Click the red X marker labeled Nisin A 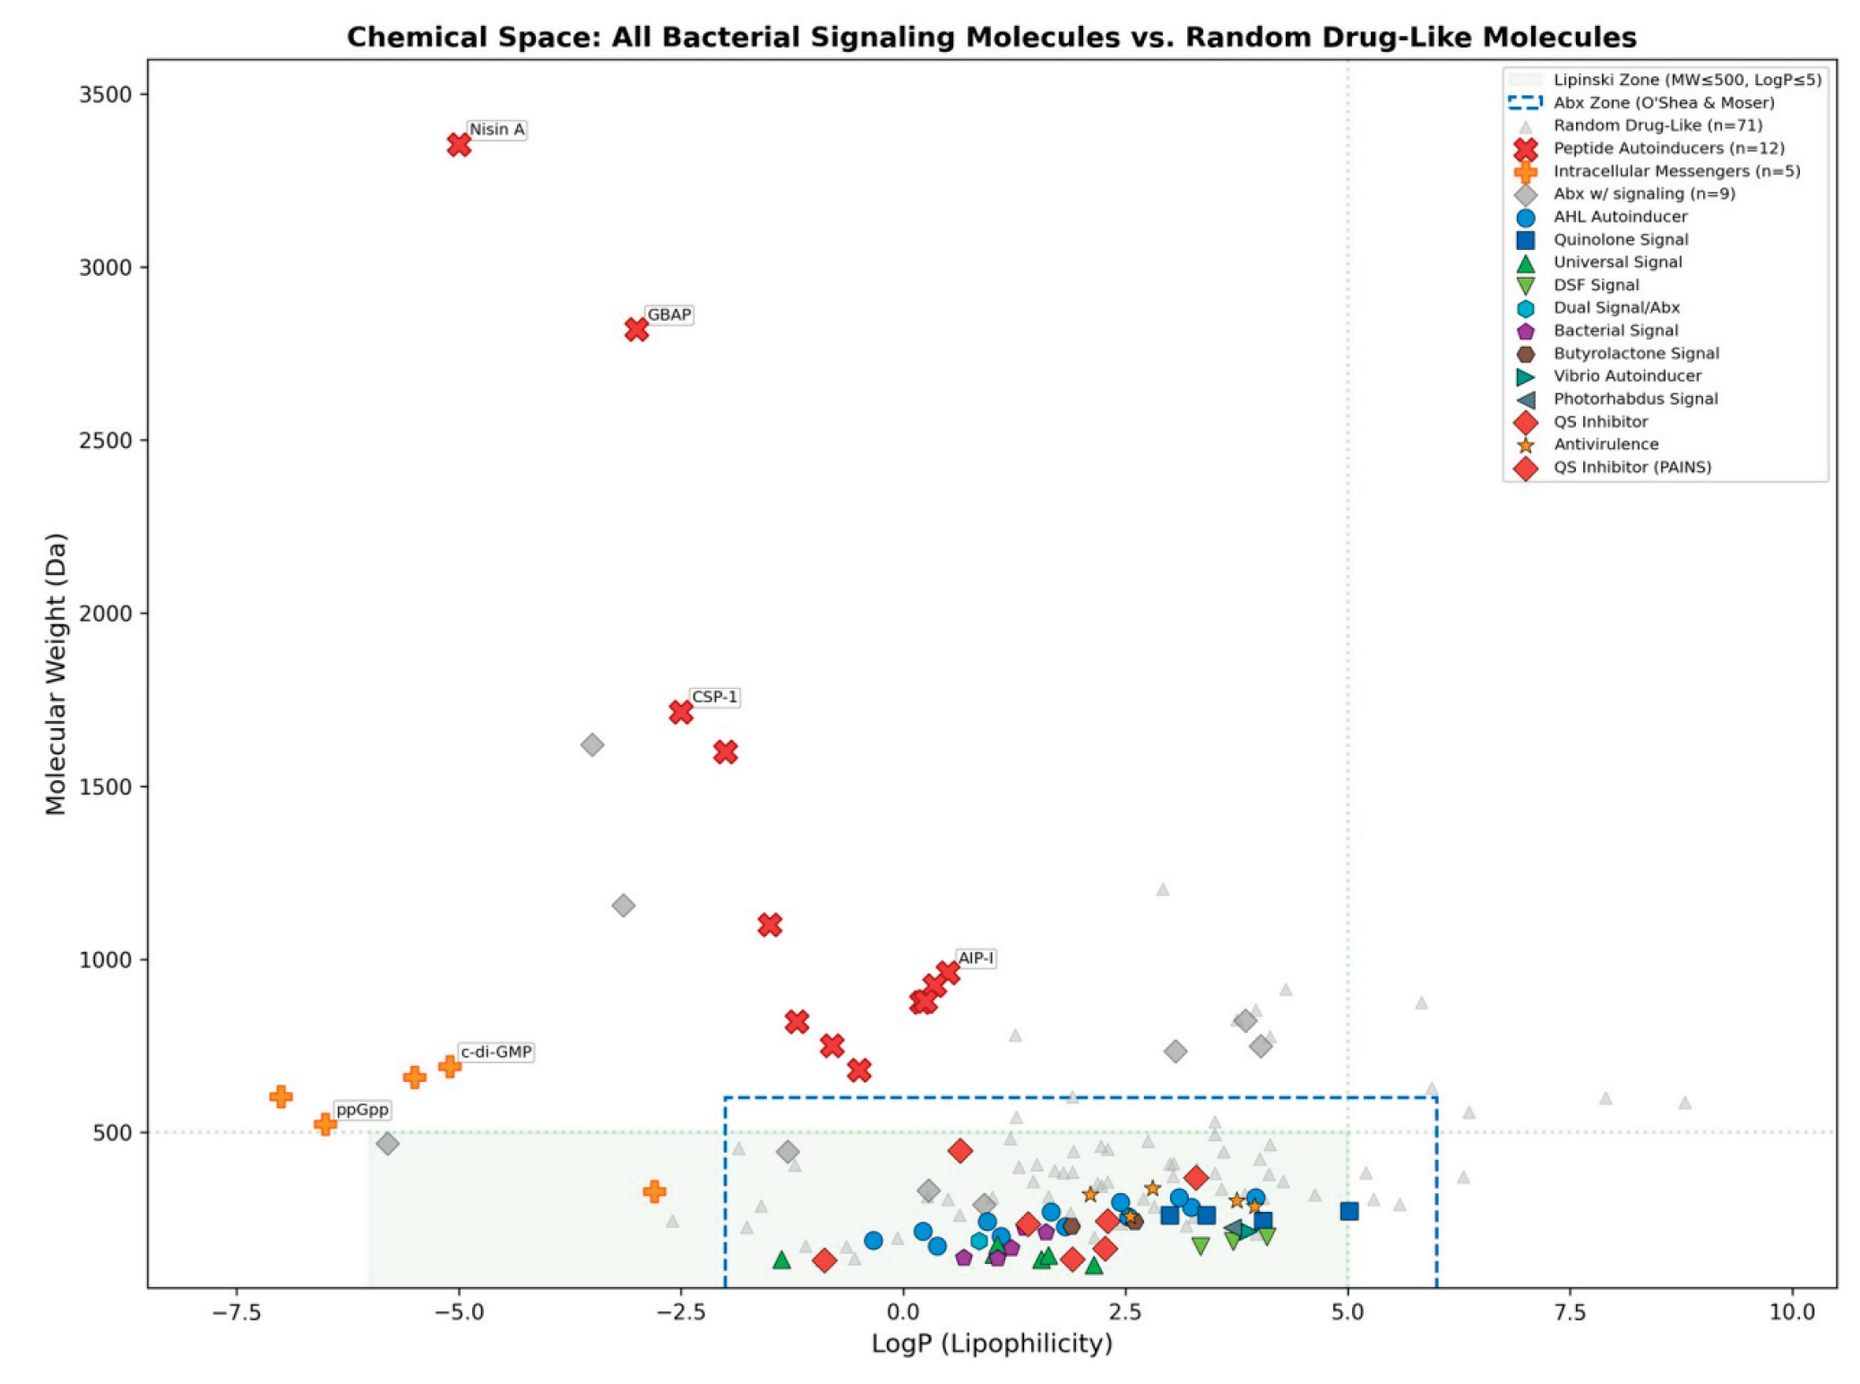459,144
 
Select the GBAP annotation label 668,315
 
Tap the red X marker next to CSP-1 681,712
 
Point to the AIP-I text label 975,958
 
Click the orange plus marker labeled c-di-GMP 449,1066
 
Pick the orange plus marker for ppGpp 324,1123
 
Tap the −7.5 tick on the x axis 237,1312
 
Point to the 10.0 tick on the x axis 1791,1312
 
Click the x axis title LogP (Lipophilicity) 991,1344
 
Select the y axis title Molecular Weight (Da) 56,674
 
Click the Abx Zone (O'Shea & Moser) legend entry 1663,103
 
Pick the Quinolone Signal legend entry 1620,239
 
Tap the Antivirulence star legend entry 1605,444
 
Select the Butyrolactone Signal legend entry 1635,353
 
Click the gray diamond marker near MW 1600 591,744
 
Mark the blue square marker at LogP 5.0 1348,1211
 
